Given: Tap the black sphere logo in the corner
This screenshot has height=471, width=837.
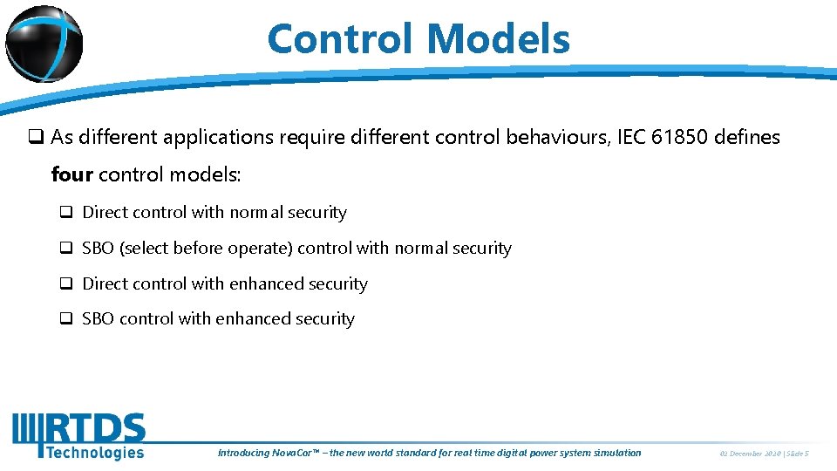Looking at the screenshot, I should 44,42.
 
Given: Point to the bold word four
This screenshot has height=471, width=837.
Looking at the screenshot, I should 71,174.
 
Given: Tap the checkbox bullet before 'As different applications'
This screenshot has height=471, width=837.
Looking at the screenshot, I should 36,137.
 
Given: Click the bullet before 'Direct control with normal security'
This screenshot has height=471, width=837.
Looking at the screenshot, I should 65,213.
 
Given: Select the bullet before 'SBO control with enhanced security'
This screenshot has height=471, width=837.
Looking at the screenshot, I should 65,319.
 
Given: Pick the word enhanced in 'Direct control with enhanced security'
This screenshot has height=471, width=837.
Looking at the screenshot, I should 259,284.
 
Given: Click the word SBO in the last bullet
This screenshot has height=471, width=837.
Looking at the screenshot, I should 98,319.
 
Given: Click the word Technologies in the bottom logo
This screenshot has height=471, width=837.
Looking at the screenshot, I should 94,452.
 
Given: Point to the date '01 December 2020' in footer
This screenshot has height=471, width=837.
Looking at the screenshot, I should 750,453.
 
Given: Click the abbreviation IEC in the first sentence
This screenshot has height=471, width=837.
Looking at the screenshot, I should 630,137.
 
